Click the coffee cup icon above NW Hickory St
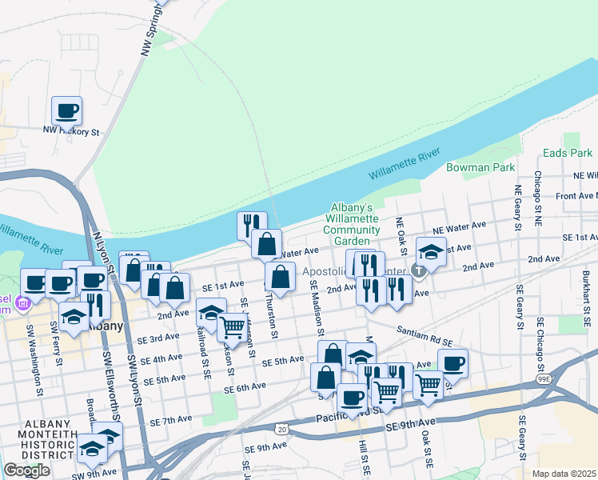(67, 110)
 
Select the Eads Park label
(567, 152)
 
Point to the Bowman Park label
(492, 168)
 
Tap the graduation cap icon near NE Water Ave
(431, 252)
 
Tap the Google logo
(26, 470)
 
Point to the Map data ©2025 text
(564, 474)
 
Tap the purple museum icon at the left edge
(23, 302)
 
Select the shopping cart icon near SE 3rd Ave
(231, 326)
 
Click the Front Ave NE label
(576, 195)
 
